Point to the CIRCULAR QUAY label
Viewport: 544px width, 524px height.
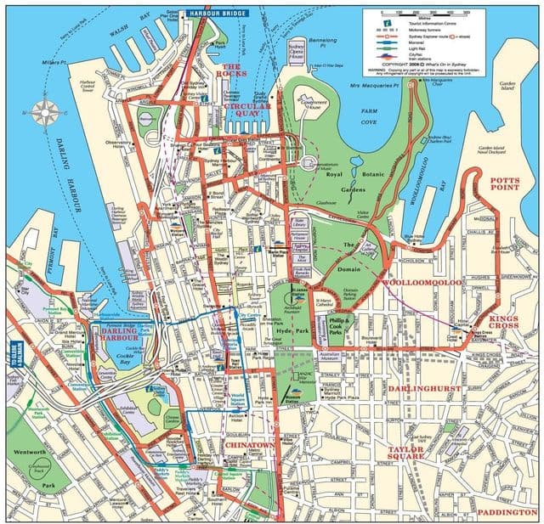click(x=247, y=112)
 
